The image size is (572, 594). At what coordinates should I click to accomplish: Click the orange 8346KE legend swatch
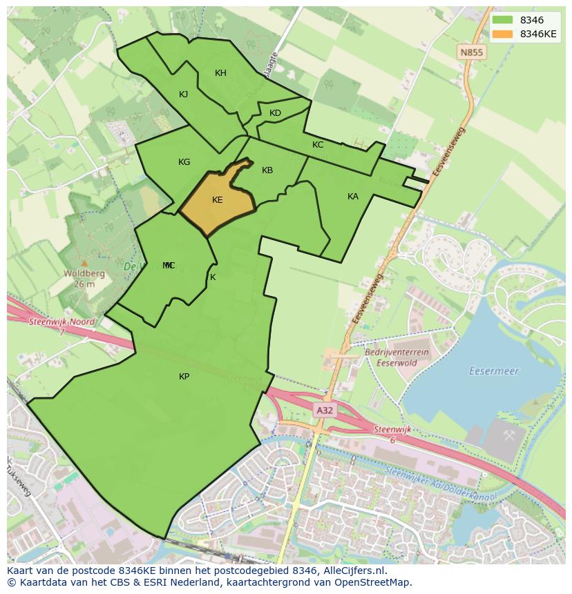pyautogui.click(x=502, y=34)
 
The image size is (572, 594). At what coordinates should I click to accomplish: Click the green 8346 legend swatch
pyautogui.click(x=502, y=20)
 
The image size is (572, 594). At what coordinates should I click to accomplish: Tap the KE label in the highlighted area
pyautogui.click(x=218, y=200)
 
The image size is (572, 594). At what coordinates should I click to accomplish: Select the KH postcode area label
pyautogui.click(x=220, y=73)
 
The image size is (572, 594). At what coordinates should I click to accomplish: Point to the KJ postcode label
pyautogui.click(x=184, y=95)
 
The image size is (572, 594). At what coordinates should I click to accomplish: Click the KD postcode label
pyautogui.click(x=276, y=113)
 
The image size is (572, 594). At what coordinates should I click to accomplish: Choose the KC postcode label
pyautogui.click(x=318, y=145)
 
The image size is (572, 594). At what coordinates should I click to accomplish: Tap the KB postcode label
pyautogui.click(x=267, y=170)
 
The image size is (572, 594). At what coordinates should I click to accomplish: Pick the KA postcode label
pyautogui.click(x=353, y=197)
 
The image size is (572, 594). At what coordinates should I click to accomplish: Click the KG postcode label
pyautogui.click(x=184, y=162)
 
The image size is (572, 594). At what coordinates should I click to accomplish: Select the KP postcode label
pyautogui.click(x=184, y=376)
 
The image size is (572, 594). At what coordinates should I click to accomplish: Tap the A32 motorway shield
pyautogui.click(x=325, y=410)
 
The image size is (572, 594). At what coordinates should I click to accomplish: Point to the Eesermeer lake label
pyautogui.click(x=493, y=370)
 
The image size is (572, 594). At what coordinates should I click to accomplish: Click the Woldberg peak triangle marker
pyautogui.click(x=84, y=263)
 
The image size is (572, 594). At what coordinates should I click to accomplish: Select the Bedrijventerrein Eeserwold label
pyautogui.click(x=397, y=357)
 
